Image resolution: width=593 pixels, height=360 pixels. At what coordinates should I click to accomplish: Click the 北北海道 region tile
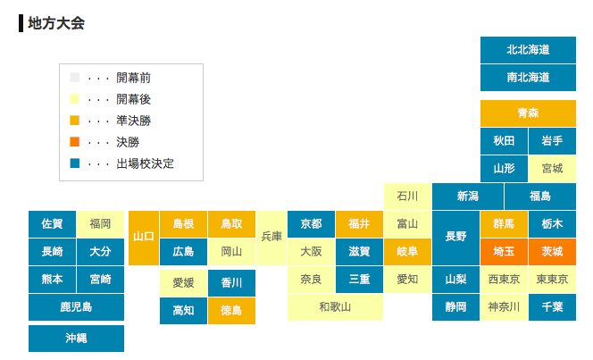coord(528,50)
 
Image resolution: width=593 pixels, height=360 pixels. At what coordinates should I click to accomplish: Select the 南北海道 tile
coord(528,78)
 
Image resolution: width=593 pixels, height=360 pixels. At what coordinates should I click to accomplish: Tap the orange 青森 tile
coord(528,113)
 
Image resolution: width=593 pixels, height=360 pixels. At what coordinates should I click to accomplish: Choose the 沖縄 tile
coord(76,339)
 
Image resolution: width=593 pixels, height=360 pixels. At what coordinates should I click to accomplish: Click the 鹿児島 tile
coord(76,307)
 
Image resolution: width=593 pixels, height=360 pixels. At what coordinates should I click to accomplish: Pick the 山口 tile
coord(143,238)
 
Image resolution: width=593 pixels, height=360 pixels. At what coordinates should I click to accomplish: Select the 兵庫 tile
coord(271,238)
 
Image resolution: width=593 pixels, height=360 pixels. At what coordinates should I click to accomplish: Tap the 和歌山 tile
coord(335,307)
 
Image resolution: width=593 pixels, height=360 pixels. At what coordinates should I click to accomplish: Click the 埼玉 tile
coord(504,252)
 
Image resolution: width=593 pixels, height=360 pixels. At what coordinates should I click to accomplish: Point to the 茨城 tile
coord(552,252)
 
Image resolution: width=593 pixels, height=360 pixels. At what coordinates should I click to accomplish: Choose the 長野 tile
coord(455,238)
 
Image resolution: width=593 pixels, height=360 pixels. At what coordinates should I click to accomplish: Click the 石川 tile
coord(407,196)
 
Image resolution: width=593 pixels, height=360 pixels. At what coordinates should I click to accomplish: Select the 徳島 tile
coord(231,311)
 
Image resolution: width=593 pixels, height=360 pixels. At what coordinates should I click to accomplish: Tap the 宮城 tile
coord(552,168)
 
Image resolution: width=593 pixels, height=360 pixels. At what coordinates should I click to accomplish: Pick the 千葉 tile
coord(552,307)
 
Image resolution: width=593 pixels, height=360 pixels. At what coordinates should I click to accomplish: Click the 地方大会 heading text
coord(55,23)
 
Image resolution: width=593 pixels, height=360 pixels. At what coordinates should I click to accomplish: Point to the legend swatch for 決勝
coord(74,142)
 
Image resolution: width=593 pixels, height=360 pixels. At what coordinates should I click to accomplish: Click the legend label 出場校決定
coord(145,164)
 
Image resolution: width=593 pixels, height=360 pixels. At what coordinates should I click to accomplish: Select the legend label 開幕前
coord(133,78)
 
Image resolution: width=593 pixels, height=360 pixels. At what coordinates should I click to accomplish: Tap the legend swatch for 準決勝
coord(74,121)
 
